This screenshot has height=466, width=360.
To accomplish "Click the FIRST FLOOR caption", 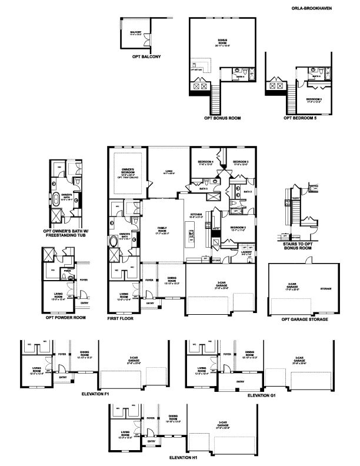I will click(x=121, y=318).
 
